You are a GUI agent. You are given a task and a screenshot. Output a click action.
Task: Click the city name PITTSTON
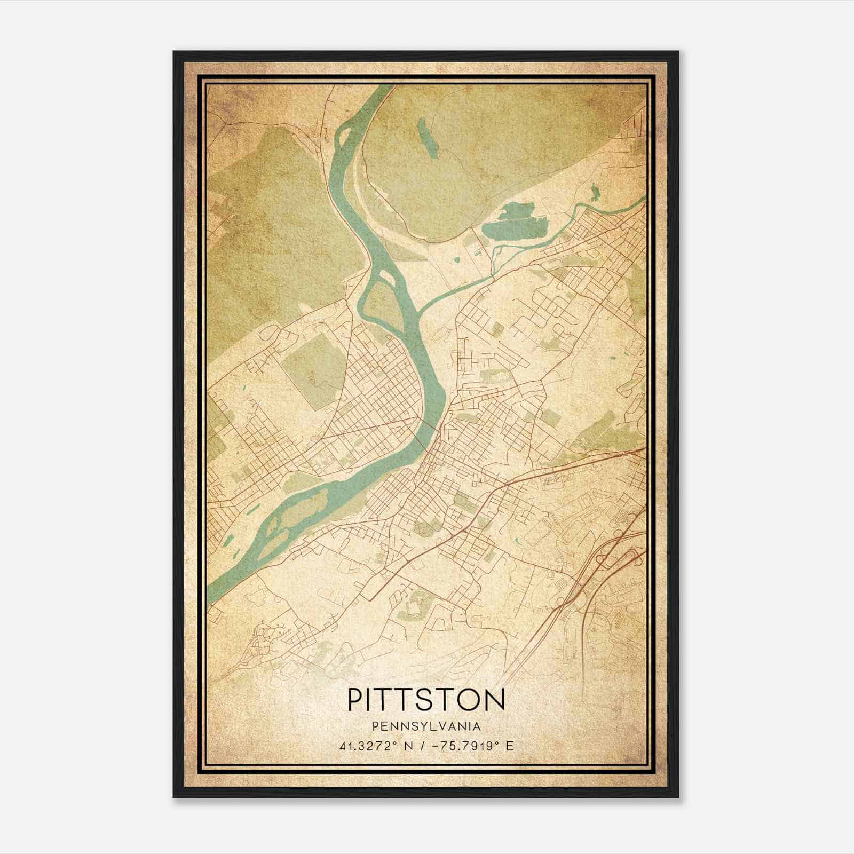click(426, 700)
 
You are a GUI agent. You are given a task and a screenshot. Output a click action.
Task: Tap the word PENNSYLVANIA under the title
click(426, 726)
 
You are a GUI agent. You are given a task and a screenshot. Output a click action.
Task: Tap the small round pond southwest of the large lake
click(457, 260)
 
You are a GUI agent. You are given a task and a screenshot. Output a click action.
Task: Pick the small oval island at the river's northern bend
click(342, 137)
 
